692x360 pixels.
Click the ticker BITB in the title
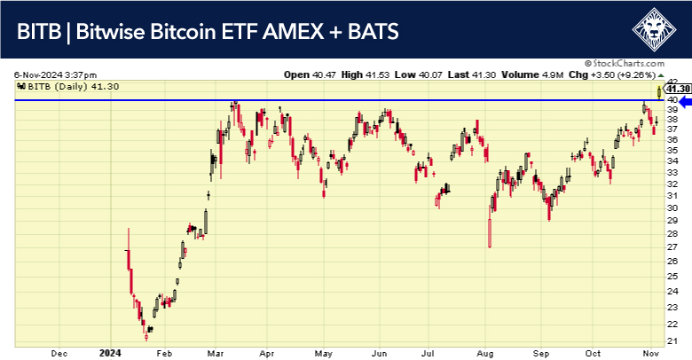click(x=40, y=32)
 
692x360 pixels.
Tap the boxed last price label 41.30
click(x=678, y=89)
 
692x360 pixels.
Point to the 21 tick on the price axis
click(x=673, y=341)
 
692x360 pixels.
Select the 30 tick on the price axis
click(x=673, y=207)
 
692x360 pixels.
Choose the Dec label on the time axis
click(x=60, y=353)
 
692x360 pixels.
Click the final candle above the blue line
click(x=658, y=90)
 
